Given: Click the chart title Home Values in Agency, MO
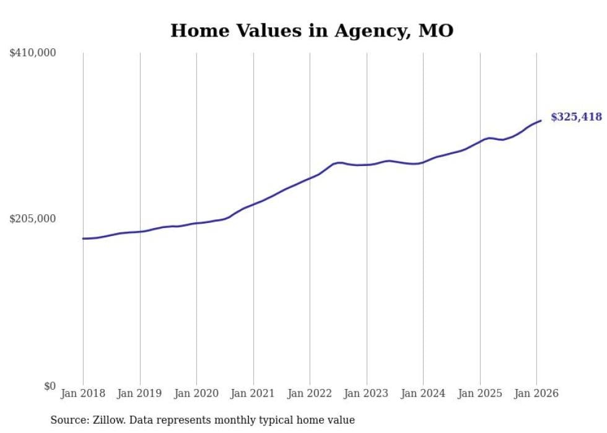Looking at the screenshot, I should coord(312,30).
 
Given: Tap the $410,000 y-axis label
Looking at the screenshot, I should coord(33,53).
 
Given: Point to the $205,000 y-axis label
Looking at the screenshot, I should coord(33,219).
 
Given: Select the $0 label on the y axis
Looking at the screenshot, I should coord(50,386).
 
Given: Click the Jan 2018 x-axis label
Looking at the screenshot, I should coord(83,393).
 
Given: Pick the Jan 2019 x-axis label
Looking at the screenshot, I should coord(139,393).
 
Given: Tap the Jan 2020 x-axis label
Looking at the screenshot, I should coord(196,393).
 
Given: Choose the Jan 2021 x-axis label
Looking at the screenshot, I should coord(253,393).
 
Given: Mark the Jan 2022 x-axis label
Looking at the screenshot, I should coord(310,393).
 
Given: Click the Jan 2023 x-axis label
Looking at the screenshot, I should coord(366,393).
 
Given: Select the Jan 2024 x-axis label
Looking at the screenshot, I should coord(423,393).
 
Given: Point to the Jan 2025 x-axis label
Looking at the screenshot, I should coord(479,393).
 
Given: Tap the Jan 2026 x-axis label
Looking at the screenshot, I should coord(536,393).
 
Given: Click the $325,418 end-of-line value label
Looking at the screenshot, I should coord(576,117).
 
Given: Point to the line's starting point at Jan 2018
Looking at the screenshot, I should coord(83,238).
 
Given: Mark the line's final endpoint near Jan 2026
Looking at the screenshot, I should coord(541,120).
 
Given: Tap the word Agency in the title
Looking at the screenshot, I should coord(369,31).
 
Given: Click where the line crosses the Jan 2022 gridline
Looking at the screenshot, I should coord(310,178).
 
